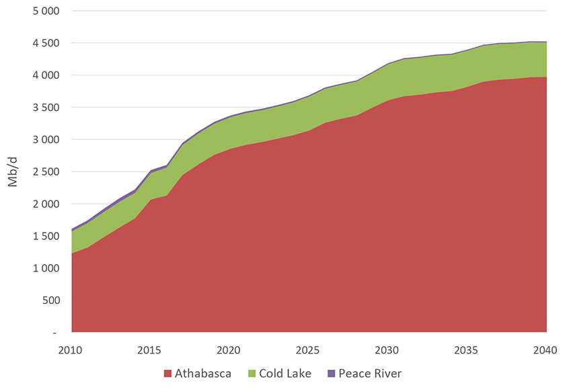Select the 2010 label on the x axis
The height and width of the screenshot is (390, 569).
click(x=71, y=350)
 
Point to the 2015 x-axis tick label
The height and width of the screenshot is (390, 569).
click(x=150, y=350)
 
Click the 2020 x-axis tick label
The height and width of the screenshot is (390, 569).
click(x=229, y=350)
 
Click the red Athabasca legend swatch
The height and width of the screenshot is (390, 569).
click(x=167, y=373)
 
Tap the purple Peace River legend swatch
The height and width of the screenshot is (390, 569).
click(x=332, y=373)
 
